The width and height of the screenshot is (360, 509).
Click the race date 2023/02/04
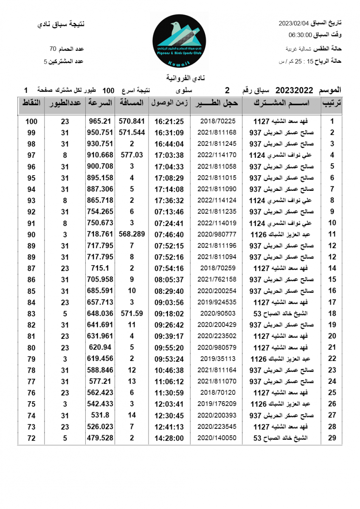point(293,23)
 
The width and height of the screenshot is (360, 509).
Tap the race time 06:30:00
point(300,35)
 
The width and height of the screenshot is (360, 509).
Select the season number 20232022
point(294,90)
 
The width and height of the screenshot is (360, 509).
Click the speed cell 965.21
point(100,121)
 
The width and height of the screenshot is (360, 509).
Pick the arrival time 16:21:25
point(169,121)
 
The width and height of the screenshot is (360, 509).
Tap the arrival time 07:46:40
point(169,234)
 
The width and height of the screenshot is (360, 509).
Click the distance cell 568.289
point(132,234)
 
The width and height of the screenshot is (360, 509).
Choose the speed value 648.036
point(100,313)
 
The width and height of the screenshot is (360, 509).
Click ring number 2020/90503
point(217,313)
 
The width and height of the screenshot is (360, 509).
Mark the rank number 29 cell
point(332,438)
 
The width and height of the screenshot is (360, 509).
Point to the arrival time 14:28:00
point(169,438)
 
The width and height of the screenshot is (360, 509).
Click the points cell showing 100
point(31,121)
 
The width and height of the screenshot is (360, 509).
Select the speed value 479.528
point(100,438)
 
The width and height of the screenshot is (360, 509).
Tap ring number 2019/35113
point(217,359)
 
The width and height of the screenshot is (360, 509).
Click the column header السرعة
point(100,103)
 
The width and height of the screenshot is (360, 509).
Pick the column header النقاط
point(31,103)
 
